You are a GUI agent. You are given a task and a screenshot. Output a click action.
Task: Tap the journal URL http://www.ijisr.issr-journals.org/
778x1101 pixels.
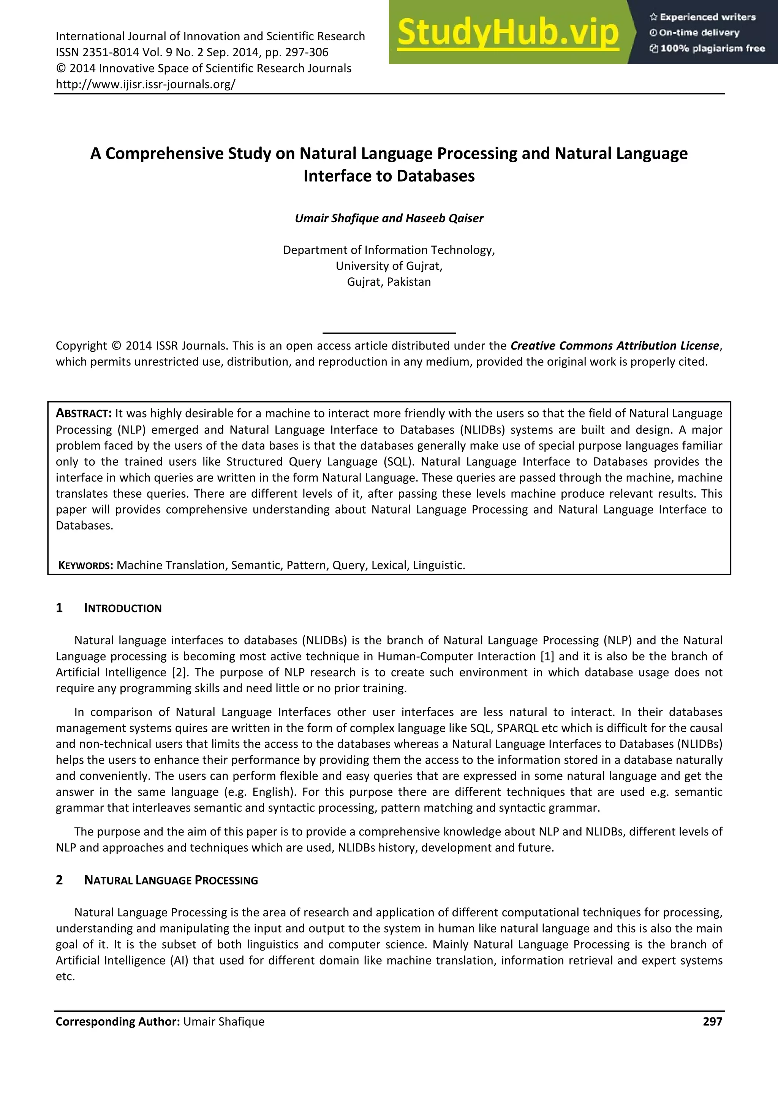[145, 84]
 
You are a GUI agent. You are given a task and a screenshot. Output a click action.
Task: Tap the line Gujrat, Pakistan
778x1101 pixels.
[389, 282]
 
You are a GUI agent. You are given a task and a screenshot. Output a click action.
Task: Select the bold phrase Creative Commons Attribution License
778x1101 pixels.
[615, 346]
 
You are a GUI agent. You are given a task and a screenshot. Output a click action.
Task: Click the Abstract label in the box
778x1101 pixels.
[84, 413]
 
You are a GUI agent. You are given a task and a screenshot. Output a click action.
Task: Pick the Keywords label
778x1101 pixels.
[85, 565]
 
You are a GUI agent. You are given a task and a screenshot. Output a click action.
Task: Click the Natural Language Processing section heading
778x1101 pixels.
[171, 880]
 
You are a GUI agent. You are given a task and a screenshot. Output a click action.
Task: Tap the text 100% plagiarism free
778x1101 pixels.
[708, 48]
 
